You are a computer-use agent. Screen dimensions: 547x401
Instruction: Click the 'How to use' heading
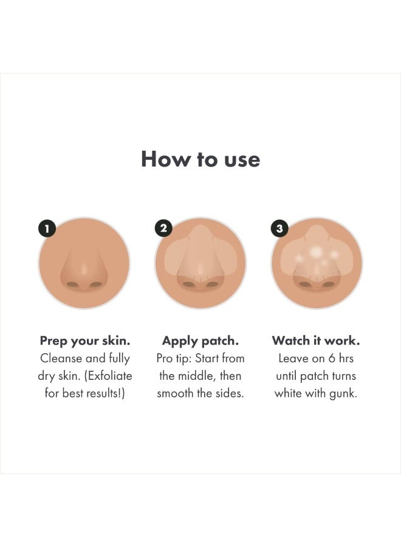point(200,159)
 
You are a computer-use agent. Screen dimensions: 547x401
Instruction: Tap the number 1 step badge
point(47,229)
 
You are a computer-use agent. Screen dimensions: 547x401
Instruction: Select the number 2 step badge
point(163,229)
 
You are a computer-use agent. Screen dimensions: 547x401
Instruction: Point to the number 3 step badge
point(279,229)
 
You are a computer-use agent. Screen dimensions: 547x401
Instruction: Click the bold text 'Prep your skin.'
point(84,341)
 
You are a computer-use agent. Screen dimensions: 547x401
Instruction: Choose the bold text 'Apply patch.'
point(200,341)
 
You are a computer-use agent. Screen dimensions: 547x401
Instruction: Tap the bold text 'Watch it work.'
point(316,341)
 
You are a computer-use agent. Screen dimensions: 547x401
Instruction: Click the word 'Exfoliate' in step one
point(111,376)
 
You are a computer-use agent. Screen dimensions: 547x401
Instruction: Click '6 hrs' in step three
point(339,359)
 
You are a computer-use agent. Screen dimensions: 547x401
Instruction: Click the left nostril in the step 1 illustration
point(73,284)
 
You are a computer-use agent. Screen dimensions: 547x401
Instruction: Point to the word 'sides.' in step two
point(228,393)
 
